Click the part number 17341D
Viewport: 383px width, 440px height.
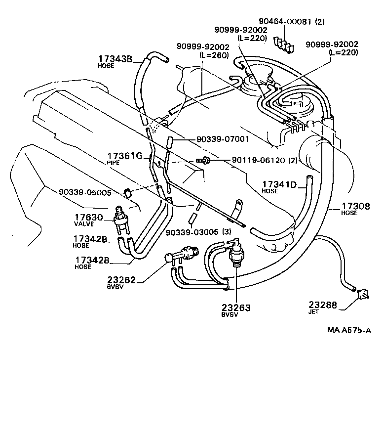pyautogui.click(x=278, y=185)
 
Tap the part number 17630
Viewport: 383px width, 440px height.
pyautogui.click(x=89, y=217)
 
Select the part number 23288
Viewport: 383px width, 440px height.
pyautogui.click(x=323, y=305)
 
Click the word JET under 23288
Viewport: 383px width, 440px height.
pyautogui.click(x=314, y=312)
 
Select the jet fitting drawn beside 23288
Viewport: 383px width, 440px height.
pyautogui.click(x=363, y=295)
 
